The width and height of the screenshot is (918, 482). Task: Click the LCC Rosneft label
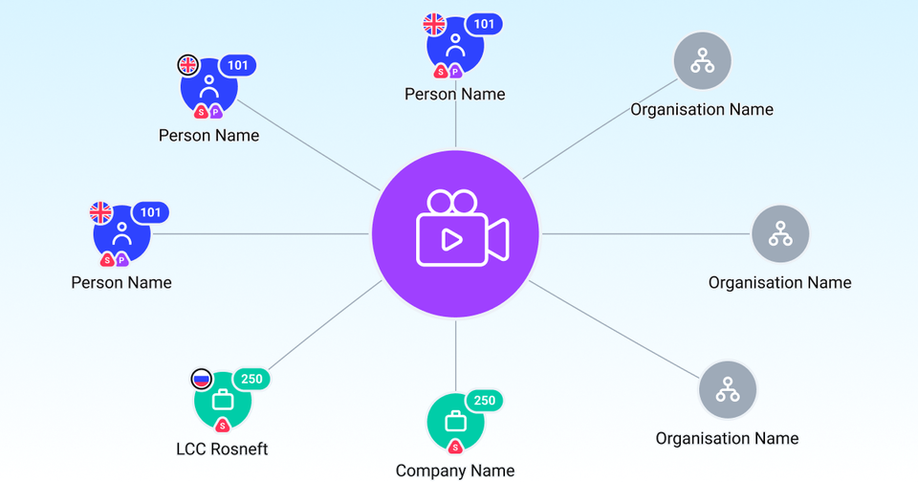point(222,449)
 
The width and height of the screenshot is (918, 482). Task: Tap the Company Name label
point(455,470)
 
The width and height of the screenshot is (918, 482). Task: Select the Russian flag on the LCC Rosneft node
point(201,379)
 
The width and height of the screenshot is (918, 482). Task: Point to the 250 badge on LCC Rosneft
point(251,379)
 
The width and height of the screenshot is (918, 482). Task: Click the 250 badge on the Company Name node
point(485,401)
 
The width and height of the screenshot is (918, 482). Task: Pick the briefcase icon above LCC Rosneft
point(222,400)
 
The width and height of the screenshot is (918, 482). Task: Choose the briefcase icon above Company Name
point(455,421)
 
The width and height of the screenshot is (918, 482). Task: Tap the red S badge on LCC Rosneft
point(222,425)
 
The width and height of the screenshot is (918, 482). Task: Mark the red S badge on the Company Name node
point(455,447)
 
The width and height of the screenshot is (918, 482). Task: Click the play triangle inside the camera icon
point(450,238)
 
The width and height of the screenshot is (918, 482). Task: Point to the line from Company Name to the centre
point(455,354)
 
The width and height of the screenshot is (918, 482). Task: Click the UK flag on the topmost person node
point(435,24)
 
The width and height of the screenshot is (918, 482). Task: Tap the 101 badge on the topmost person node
point(484,24)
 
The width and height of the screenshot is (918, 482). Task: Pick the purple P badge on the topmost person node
point(456,71)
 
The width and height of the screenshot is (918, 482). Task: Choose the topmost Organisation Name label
point(702,109)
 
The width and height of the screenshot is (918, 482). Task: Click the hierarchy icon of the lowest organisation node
point(728,389)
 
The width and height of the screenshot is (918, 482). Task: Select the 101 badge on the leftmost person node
point(150,212)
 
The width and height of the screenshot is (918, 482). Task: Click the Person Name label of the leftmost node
point(121,282)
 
